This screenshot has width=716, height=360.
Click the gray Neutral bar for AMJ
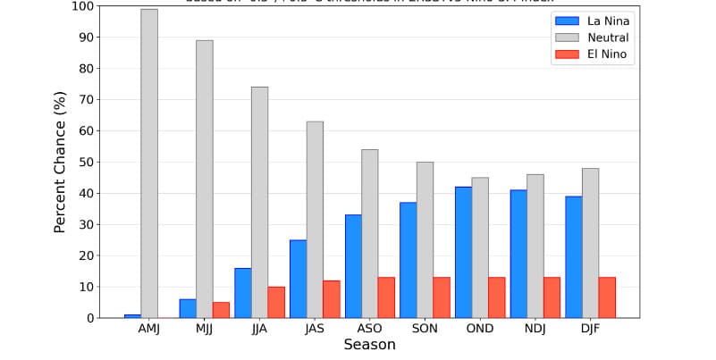point(149,163)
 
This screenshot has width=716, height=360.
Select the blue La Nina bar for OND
point(463,252)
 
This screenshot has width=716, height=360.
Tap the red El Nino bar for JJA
point(276,302)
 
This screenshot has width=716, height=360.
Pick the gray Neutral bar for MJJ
point(205,179)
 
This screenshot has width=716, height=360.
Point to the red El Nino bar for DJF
point(607,297)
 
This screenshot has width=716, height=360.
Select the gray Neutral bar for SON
point(425,239)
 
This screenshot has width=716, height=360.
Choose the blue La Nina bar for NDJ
point(518,254)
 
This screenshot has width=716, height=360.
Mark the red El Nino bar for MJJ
point(221,310)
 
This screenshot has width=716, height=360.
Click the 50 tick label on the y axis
point(85,162)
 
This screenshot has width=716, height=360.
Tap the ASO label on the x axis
point(370,329)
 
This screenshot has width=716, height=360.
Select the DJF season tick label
point(591,329)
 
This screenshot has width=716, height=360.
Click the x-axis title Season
point(369,345)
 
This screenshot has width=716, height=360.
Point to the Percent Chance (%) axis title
point(60,162)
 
